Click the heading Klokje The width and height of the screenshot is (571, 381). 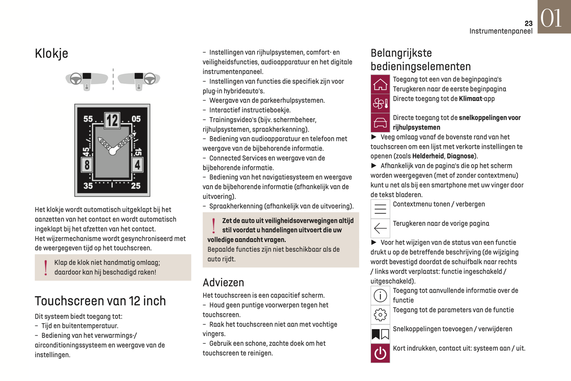pos(51,53)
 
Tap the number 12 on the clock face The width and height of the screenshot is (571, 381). pos(112,120)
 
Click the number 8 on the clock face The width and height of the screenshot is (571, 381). pos(87,164)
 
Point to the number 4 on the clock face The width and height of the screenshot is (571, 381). pos(137,164)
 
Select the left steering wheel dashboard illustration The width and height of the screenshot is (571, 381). pos(86,80)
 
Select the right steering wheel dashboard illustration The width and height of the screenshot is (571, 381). pos(139,80)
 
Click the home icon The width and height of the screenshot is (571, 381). pos(380,84)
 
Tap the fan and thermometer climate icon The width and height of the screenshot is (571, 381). pos(380,104)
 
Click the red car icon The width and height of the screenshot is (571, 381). pos(380,123)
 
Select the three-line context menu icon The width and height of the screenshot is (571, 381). pos(380,209)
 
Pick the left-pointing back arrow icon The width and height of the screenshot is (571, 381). pos(380,228)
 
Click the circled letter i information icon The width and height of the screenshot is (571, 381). pos(380,296)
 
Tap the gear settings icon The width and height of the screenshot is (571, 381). pos(380,315)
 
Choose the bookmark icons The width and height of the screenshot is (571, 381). pos(380,334)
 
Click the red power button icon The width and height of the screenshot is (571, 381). pos(380,353)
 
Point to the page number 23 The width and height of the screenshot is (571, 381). pos(528,24)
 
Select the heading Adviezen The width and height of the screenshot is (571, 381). pos(223,282)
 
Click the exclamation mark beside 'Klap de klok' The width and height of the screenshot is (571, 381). pos(46,268)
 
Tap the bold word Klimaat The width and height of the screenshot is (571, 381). pos(471,99)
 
